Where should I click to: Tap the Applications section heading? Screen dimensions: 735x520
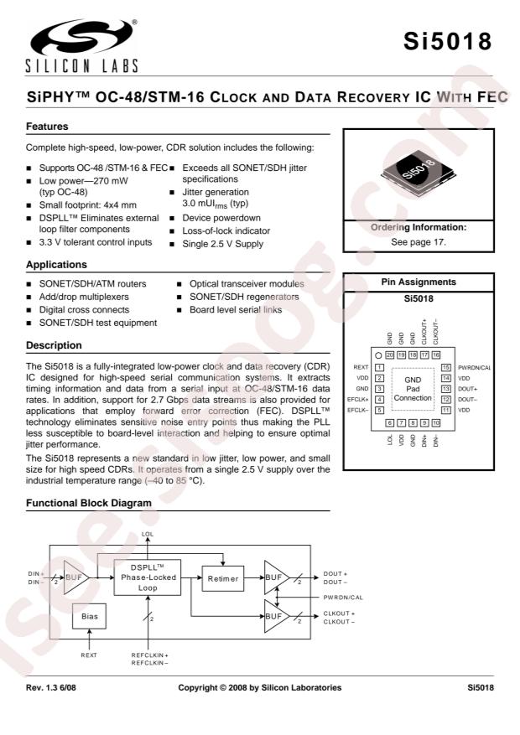pos(55,264)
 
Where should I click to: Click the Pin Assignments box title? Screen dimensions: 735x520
pos(419,282)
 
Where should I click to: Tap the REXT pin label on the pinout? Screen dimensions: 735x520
pos(361,367)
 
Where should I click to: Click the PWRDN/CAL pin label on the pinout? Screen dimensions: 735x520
pos(475,367)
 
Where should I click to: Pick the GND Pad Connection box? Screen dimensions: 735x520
pos(412,388)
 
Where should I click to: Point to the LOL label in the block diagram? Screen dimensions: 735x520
pos(148,534)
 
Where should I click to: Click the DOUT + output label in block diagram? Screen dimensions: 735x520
pos(335,573)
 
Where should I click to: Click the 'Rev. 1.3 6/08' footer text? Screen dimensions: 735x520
pos(55,687)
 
